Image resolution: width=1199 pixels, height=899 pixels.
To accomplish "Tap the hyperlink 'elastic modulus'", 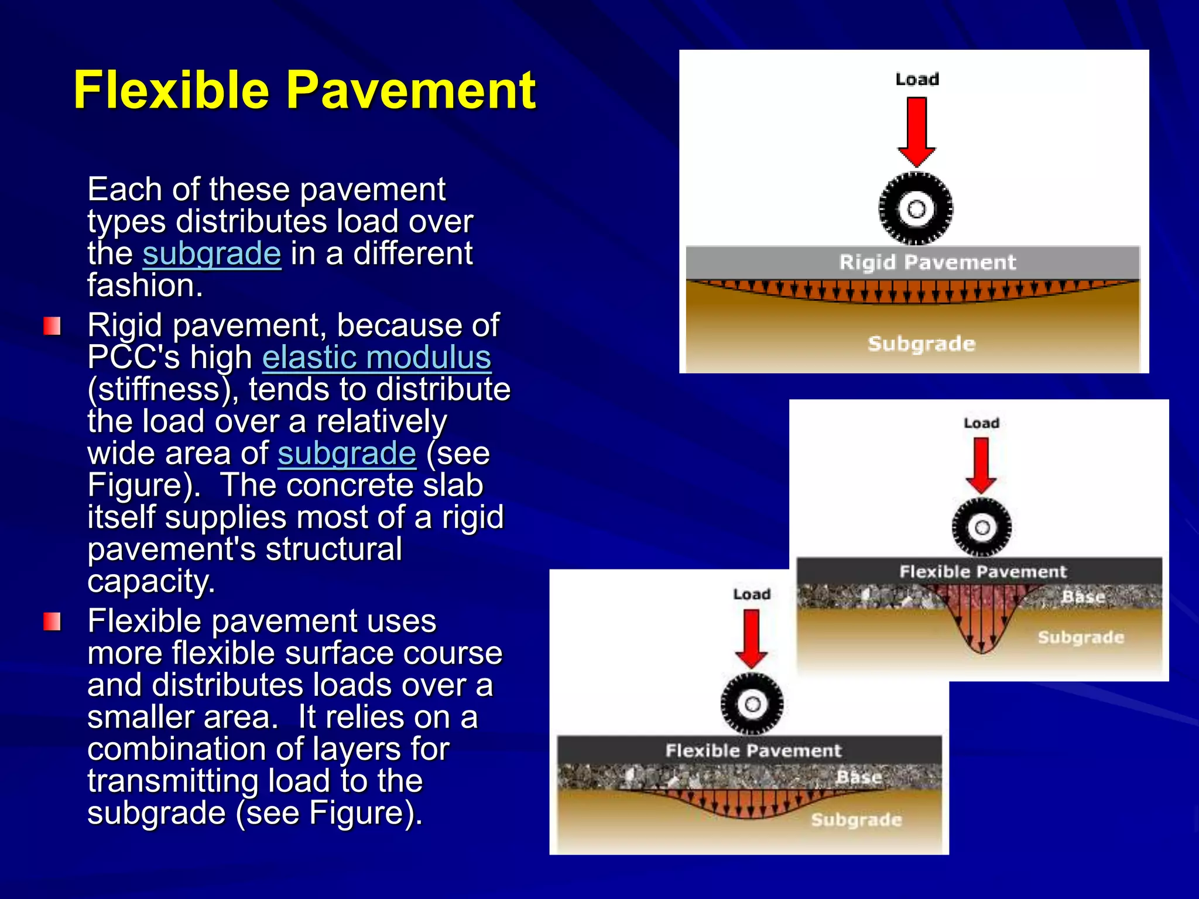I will pos(376,358).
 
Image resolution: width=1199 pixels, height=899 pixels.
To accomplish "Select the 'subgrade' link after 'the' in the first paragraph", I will pos(212,254).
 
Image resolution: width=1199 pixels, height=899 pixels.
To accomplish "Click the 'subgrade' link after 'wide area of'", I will pos(347,454).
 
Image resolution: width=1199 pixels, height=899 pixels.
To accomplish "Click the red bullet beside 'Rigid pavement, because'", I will pos(52,326).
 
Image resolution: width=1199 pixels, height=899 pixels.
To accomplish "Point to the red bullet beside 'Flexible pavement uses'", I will pos(52,622).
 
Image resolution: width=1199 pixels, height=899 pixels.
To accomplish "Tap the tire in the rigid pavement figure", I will pos(916,208).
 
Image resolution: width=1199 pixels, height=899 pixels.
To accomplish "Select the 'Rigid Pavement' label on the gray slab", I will pos(927,262).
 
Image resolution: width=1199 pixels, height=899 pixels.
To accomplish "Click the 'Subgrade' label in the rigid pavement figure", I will pos(921,344).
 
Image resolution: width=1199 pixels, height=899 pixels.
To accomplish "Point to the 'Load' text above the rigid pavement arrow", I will pos(917,79).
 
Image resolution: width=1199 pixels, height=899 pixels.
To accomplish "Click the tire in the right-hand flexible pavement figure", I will pos(982,527).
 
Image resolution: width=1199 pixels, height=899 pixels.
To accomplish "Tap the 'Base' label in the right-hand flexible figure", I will pos(1083,597).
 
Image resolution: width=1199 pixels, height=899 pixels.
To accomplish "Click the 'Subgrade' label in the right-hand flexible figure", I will pos(1081,637).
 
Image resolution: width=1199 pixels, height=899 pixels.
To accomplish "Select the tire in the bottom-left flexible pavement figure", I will pos(752,704).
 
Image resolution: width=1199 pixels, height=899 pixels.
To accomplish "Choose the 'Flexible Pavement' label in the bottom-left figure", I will pos(753,750).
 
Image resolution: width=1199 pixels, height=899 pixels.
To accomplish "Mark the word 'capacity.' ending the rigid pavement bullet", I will pos(151,581).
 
